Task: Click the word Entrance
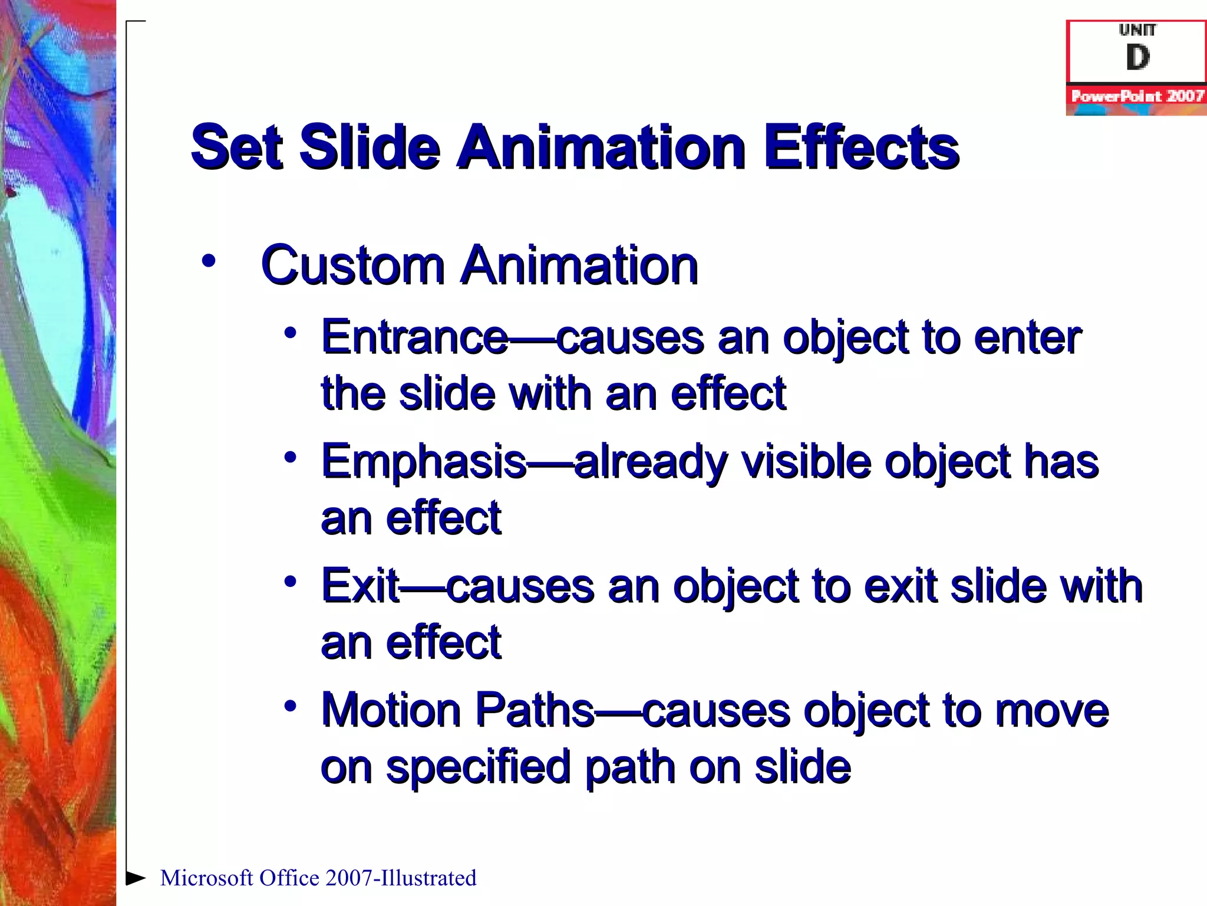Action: click(414, 337)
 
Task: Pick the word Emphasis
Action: click(423, 462)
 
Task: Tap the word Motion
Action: click(390, 710)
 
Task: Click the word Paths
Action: click(534, 710)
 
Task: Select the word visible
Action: click(806, 462)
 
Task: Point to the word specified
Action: click(478, 768)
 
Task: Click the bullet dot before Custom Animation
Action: click(208, 261)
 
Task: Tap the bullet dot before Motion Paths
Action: click(289, 705)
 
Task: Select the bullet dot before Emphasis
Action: click(289, 457)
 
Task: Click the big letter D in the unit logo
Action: click(1137, 57)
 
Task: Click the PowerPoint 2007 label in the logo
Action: click(1137, 96)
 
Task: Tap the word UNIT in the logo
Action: click(1137, 29)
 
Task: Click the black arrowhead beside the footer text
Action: click(136, 878)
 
